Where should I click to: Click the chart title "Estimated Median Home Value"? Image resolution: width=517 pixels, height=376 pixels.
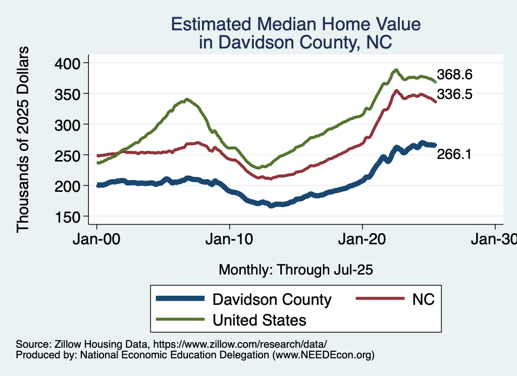tap(295, 24)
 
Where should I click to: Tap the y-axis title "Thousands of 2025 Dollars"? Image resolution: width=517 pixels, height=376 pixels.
tap(23, 139)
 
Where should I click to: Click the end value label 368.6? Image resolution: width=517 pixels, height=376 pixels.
tap(454, 75)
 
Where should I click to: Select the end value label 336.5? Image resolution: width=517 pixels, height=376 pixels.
tap(454, 94)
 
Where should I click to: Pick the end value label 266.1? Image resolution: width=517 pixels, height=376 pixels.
tap(454, 155)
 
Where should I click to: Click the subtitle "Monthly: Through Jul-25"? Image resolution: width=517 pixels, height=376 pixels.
tap(295, 270)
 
